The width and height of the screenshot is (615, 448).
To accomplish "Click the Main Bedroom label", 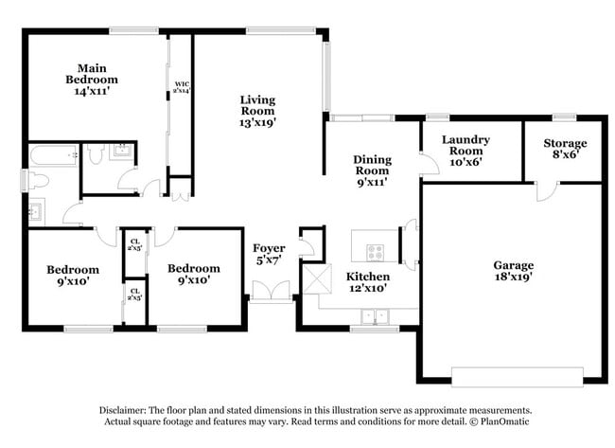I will (91, 80).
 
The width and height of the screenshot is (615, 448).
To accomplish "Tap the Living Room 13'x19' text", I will (256, 110).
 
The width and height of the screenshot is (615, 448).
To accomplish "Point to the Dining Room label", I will (372, 170).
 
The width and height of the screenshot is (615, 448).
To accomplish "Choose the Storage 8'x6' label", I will (565, 150).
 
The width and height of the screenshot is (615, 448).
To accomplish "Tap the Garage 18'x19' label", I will (513, 272).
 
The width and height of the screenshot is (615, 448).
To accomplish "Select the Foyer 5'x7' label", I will (269, 255).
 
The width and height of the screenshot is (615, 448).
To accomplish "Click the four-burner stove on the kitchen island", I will (375, 252).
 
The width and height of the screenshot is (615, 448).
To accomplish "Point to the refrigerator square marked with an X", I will (315, 279).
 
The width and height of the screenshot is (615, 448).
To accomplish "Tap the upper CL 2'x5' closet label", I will (134, 244).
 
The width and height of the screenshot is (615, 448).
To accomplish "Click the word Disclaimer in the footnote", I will (123, 410).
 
